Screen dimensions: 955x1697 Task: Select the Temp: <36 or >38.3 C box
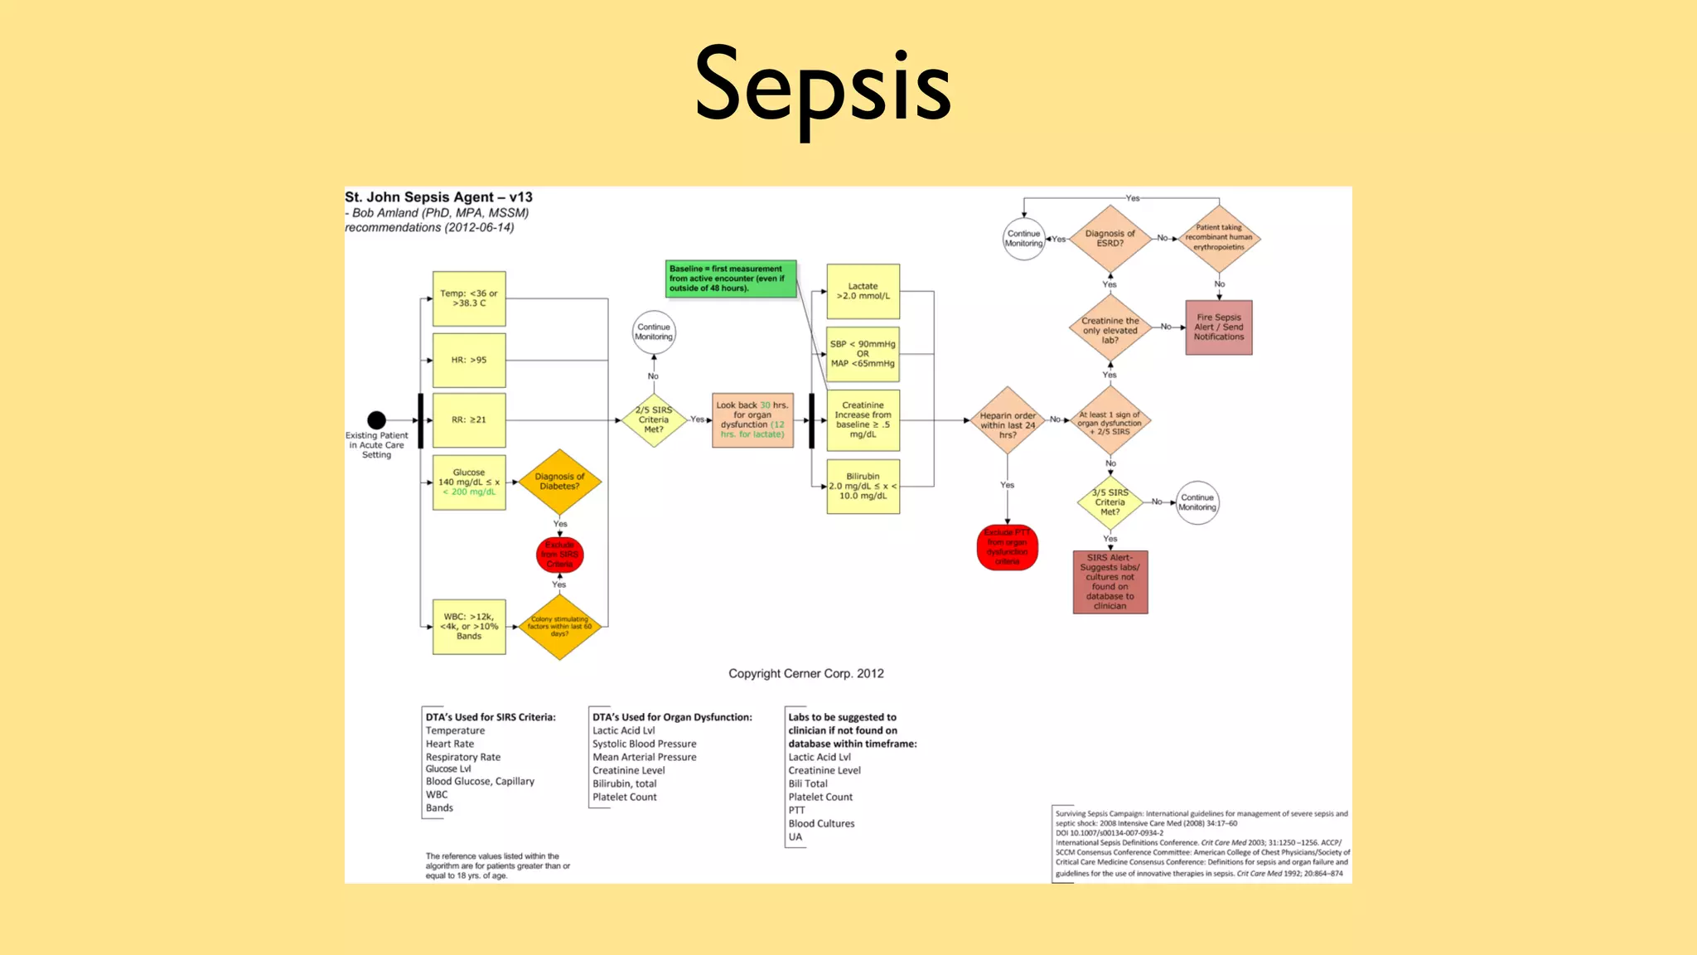pos(469,298)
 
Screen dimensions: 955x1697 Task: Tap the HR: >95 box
pos(469,361)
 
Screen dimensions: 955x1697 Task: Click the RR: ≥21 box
pos(469,420)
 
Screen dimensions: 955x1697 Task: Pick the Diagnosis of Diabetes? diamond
pos(559,482)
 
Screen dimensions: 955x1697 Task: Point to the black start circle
pos(376,420)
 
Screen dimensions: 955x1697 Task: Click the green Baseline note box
pos(731,279)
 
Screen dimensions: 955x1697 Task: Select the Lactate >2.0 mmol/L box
pos(863,291)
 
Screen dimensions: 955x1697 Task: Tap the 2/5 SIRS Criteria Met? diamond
pos(654,420)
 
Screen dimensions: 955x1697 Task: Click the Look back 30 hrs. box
pos(752,420)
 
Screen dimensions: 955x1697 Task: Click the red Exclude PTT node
pos(1008,547)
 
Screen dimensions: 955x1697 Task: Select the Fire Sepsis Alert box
pos(1219,327)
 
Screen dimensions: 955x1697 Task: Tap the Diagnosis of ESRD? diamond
pos(1110,239)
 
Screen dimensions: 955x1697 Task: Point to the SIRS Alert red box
pos(1110,582)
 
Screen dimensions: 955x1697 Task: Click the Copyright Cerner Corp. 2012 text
pos(805,674)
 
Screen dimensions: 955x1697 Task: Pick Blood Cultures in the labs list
pos(821,824)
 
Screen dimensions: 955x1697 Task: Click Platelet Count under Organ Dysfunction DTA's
pos(624,797)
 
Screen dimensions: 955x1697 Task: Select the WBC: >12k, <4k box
pos(469,627)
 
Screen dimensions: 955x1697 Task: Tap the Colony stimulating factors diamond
pos(559,627)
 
